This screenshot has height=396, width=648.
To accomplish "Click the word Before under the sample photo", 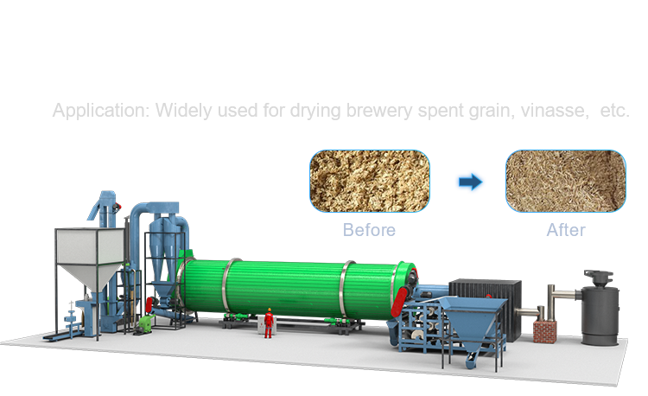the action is point(369,230).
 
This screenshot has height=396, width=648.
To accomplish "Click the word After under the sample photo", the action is point(566,230).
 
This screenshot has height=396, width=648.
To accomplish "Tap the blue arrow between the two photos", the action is point(470,182).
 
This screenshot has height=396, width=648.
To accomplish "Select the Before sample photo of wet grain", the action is point(370,181).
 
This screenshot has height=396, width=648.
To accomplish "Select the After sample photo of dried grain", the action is point(566,181).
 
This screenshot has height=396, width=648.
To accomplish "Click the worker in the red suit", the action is point(269,323).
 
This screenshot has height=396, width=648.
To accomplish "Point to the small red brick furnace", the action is point(544,331).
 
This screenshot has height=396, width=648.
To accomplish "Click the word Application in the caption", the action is point(101,111).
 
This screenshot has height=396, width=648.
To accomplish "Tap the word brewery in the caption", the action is point(379,111).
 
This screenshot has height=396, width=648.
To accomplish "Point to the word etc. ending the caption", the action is point(614,111).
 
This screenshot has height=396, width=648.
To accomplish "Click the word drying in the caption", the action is point(315,111).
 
